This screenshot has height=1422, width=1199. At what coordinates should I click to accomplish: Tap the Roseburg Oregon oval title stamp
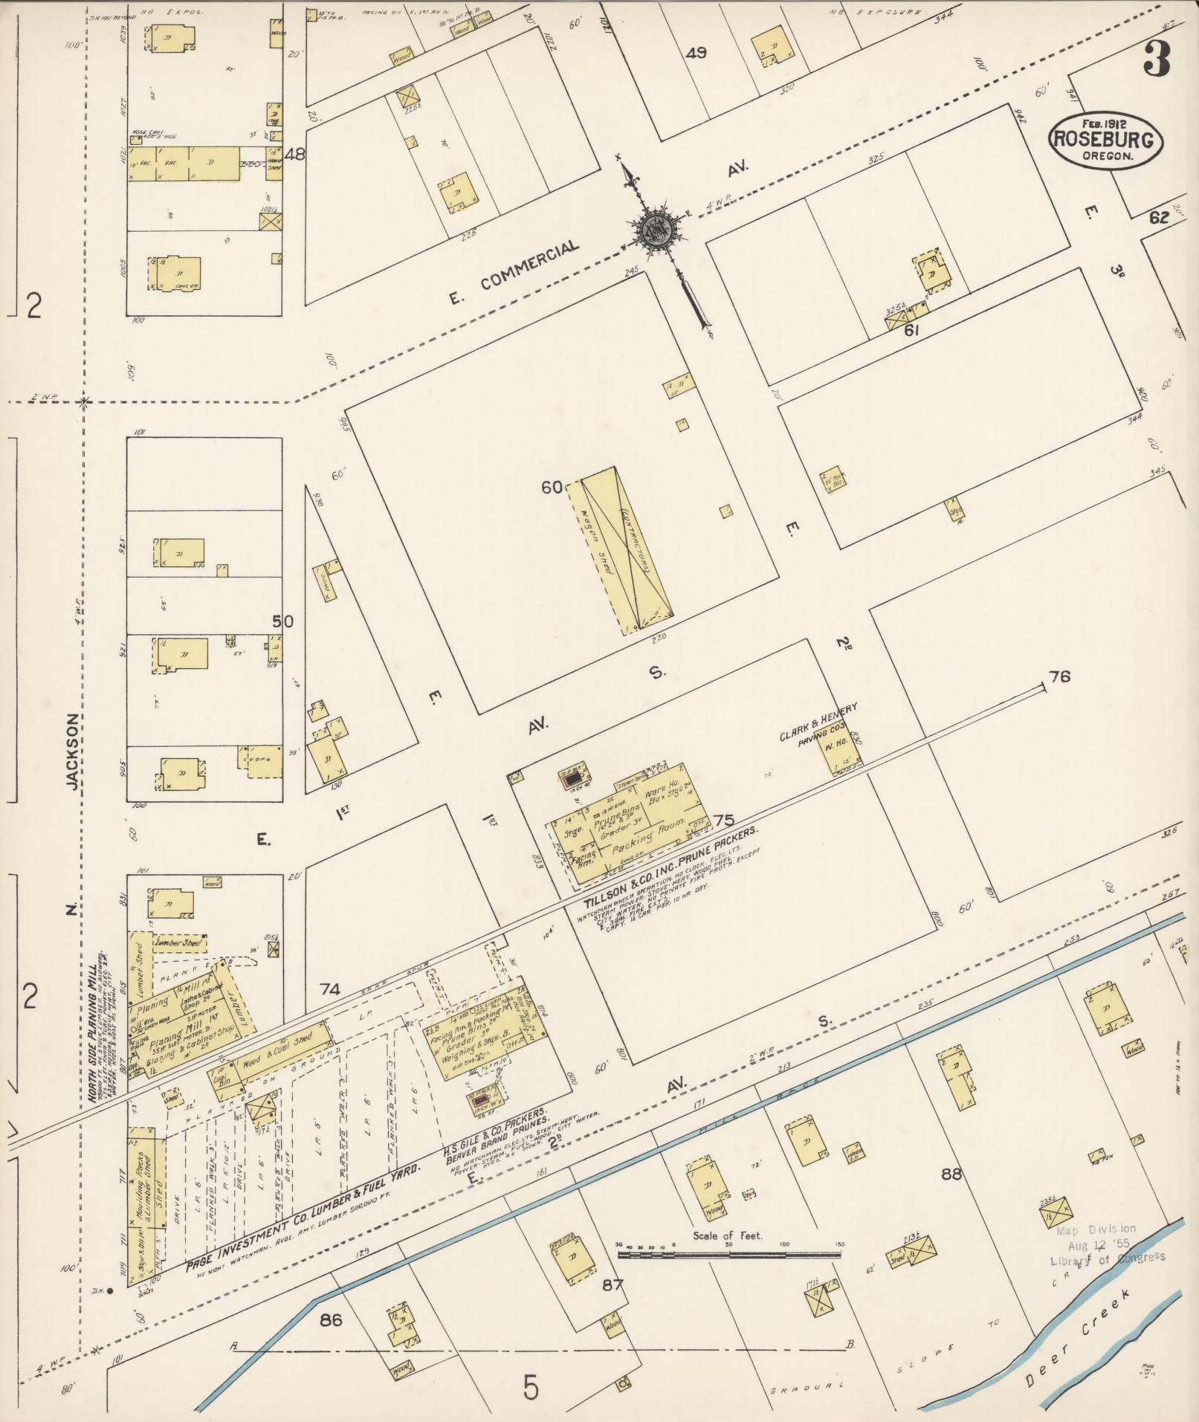pyautogui.click(x=1105, y=140)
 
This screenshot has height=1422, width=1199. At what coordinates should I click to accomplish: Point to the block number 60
pyautogui.click(x=552, y=488)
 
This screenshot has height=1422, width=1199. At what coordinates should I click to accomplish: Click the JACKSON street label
pyautogui.click(x=72, y=752)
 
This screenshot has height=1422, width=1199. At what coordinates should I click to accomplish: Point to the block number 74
pyautogui.click(x=330, y=989)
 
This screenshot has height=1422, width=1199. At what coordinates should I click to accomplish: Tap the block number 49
pyautogui.click(x=697, y=53)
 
